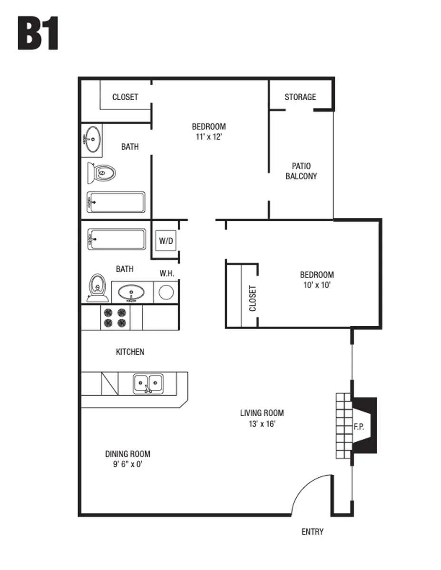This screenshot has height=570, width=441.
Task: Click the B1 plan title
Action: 38,34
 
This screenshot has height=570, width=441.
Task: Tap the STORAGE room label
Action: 300,97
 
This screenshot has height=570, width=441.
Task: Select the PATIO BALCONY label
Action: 301,171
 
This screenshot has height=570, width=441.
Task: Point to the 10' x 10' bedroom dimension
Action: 316,285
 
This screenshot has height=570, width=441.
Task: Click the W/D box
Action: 166,241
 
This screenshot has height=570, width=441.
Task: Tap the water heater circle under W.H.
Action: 166,292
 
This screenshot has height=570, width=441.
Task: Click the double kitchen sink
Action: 148,382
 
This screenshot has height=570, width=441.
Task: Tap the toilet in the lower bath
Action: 97,287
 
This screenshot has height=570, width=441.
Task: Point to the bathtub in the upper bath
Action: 116,202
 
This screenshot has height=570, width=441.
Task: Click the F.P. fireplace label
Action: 359,427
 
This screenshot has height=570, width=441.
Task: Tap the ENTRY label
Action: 313,532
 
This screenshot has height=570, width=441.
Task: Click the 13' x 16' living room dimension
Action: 262,424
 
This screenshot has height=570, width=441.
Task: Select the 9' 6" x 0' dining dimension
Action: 125,465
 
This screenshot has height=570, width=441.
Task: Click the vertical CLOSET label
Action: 253,298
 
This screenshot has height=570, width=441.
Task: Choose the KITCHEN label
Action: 130,352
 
